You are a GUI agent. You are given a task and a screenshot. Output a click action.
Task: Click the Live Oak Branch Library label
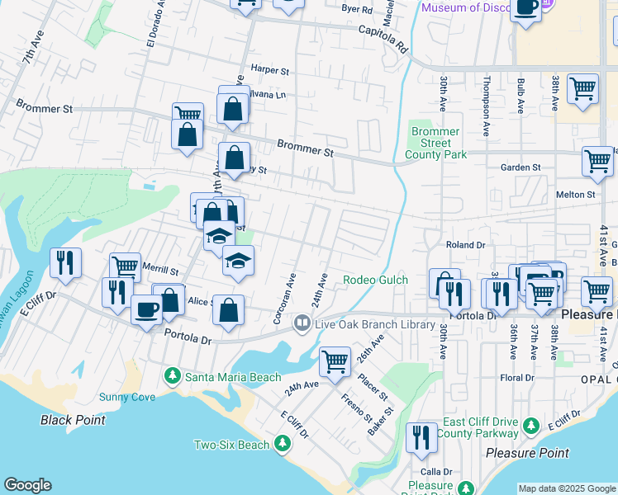coord(374,324)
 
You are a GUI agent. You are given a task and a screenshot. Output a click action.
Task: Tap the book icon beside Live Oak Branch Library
coord(303,324)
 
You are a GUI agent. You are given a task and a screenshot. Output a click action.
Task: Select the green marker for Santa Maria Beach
coord(172,376)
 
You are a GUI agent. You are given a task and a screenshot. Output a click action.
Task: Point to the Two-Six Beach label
coord(231,445)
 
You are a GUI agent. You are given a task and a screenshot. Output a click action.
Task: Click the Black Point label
coord(73,420)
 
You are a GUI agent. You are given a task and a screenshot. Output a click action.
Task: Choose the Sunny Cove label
coord(127,397)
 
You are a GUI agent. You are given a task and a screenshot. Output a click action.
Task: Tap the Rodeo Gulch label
coord(375,280)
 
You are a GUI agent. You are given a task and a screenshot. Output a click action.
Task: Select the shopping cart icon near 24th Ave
coord(335,361)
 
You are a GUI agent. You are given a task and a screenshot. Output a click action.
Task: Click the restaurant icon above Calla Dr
coord(422,436)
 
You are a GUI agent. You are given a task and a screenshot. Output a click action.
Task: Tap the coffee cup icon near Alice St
coord(147,309)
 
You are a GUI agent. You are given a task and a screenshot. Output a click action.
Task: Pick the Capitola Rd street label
coord(383,39)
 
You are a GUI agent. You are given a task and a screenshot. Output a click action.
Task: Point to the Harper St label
coord(270,71)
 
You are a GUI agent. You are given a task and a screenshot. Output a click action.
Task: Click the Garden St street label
coord(521,167)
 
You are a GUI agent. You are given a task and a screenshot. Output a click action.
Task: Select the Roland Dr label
coord(466,245)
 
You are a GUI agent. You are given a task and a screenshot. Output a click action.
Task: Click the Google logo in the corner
coord(27,485)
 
